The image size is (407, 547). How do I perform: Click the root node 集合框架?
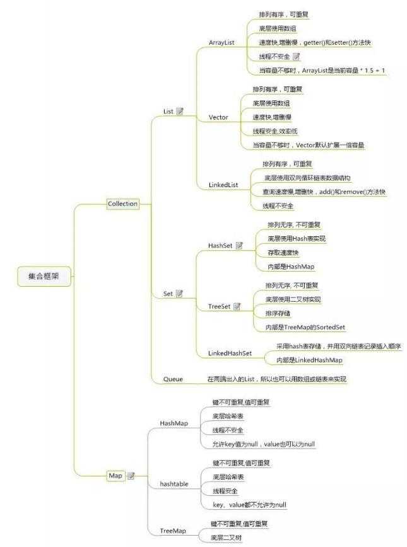(44, 275)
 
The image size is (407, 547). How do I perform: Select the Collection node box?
(122, 204)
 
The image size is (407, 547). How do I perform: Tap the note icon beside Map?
(131, 476)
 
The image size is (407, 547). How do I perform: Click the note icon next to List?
(180, 112)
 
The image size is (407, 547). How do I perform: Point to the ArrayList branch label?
(221, 42)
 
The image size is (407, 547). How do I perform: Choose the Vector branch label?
(218, 117)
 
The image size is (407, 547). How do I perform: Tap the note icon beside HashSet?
(239, 245)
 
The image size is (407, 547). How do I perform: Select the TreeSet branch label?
(219, 306)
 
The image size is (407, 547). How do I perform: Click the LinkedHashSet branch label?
(230, 353)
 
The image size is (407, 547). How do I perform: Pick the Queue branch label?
(173, 379)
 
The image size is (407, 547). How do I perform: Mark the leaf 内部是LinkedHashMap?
(309, 359)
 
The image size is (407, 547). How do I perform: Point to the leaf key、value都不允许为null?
(250, 505)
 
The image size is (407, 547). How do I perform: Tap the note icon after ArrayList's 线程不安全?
(296, 57)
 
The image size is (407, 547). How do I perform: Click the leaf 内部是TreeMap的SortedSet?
(305, 327)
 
